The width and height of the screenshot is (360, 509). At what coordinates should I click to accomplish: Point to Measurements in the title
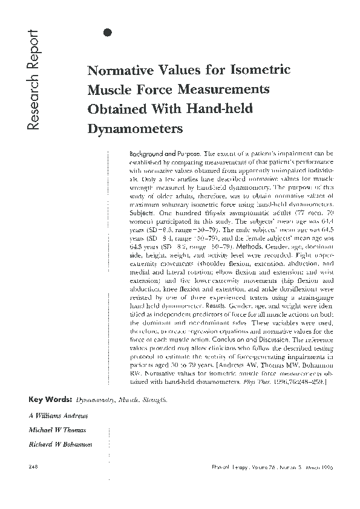click(x=222, y=89)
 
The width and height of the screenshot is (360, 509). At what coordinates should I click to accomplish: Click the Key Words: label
click(x=51, y=400)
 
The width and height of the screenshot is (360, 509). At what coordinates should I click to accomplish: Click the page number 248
click(x=34, y=467)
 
